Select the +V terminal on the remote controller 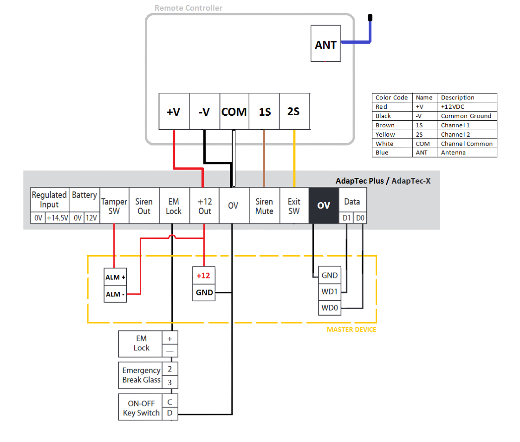[x=174, y=112]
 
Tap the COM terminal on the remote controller [x=234, y=112]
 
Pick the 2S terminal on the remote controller [x=293, y=112]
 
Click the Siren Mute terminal [x=264, y=206]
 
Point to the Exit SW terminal [x=294, y=206]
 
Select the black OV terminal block [x=324, y=205]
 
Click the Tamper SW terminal [x=114, y=206]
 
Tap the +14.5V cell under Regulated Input [x=57, y=218]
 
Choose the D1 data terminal [x=346, y=218]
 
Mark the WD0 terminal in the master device [x=330, y=308]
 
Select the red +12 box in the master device [x=203, y=276]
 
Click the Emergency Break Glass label [x=141, y=375]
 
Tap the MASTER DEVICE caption [x=351, y=330]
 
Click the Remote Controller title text [x=188, y=8]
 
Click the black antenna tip [x=370, y=18]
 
